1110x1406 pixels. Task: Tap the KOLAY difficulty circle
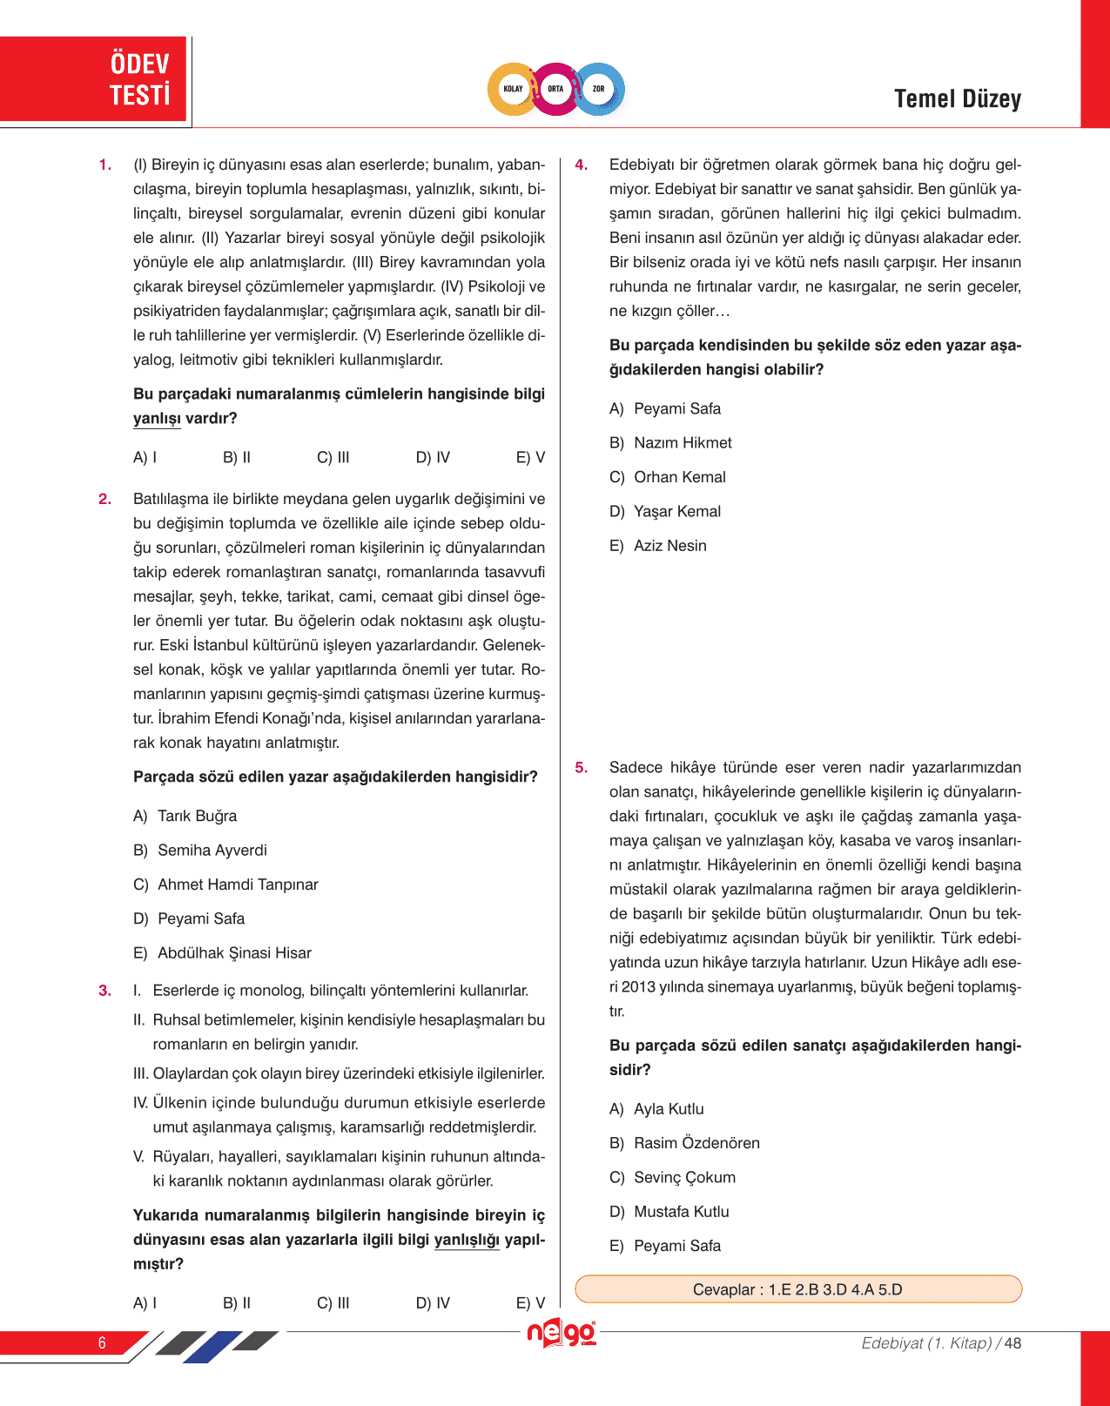514,89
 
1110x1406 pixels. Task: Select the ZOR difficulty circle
599,89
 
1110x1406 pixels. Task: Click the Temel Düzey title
957,99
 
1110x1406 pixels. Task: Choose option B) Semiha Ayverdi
200,851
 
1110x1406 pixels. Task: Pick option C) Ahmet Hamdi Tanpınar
225,885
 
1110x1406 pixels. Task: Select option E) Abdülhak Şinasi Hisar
222,953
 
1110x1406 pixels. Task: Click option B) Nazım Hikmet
670,443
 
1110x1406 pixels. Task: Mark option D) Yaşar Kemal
665,512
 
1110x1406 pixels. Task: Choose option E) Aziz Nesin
658,546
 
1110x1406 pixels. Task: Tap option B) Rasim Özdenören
684,1143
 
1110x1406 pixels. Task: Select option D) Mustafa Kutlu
669,1212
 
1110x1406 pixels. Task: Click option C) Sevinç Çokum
672,1178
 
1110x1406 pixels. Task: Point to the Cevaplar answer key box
797,1289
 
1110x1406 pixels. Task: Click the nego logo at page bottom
562,1334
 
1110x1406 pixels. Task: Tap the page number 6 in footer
102,1342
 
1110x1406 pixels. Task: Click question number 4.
582,165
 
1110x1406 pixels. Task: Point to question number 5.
582,768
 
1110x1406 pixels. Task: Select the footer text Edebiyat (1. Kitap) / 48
940,1343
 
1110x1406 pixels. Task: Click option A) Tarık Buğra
185,817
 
